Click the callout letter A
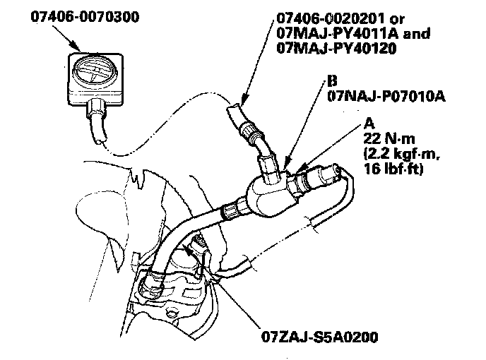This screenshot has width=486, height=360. [369, 121]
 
